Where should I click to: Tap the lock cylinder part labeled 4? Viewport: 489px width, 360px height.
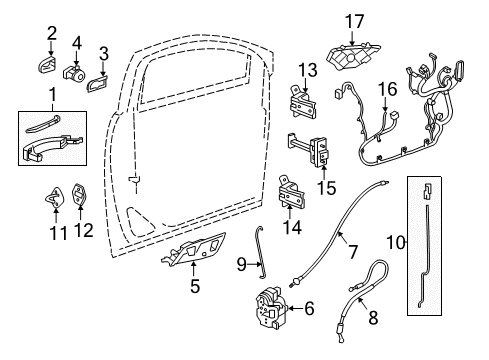pos(76,72)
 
